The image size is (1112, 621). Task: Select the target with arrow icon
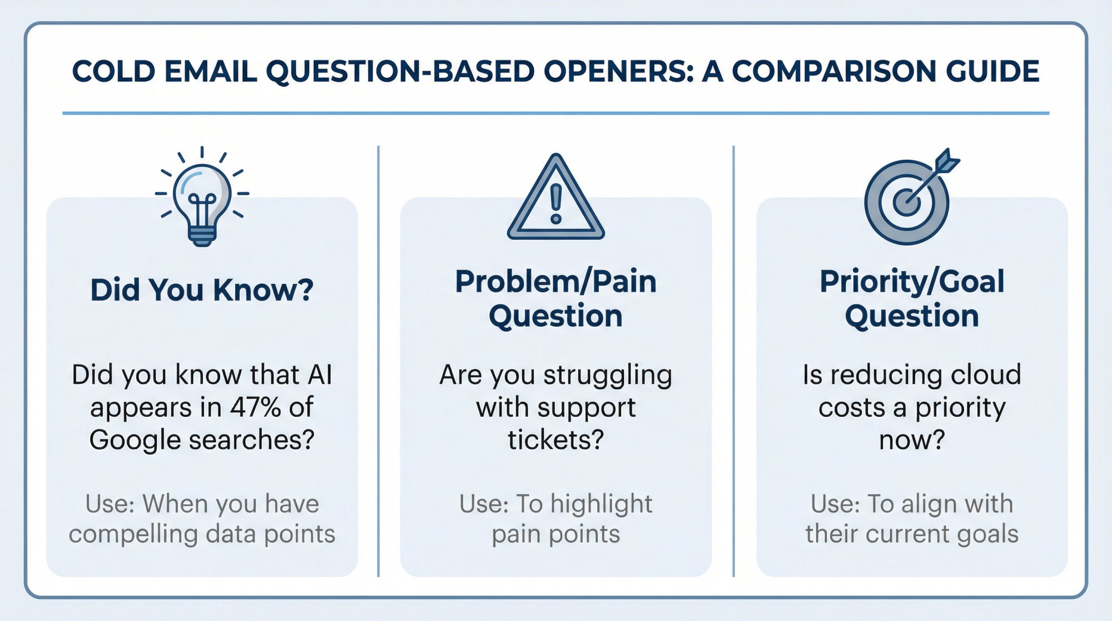907,202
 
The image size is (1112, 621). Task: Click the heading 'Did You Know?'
202,290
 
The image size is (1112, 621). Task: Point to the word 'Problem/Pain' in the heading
555,281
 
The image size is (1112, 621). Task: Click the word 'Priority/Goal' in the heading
912,281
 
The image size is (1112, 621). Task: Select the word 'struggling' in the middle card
608,375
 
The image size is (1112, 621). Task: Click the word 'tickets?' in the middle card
555,440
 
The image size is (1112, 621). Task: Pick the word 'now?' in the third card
912,440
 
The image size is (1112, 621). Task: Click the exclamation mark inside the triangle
556,204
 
